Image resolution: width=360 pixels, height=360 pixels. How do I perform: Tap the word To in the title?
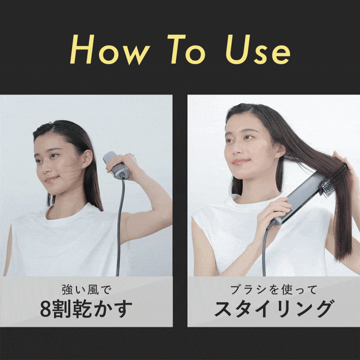click(x=188, y=50)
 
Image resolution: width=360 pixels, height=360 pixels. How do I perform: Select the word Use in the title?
click(x=257, y=50)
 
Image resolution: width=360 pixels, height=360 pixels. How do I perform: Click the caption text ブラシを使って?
click(x=273, y=289)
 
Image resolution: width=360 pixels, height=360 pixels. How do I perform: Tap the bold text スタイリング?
click(x=273, y=309)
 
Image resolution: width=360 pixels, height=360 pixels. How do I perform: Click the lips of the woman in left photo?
click(x=50, y=179)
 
